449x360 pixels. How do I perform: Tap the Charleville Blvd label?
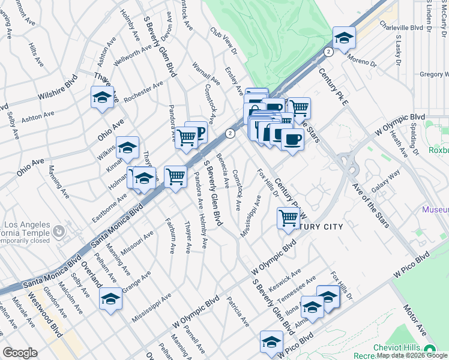click(x=401, y=28)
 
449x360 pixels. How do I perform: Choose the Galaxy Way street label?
click(x=385, y=181)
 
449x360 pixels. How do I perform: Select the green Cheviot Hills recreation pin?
click(x=429, y=350)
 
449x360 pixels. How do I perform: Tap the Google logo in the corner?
click(x=20, y=353)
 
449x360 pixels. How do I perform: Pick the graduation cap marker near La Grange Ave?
click(x=110, y=298)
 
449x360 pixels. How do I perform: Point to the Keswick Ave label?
click(x=285, y=277)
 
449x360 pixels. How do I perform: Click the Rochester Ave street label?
click(x=143, y=92)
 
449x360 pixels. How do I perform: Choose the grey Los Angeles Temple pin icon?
click(x=59, y=230)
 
